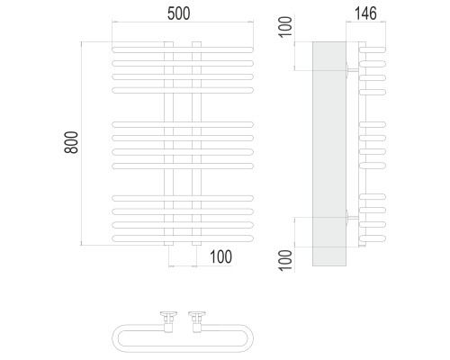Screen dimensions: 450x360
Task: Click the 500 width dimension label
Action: click(x=178, y=13)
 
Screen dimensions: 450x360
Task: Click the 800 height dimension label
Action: click(x=71, y=142)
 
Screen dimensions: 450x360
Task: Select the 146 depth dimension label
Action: click(x=365, y=13)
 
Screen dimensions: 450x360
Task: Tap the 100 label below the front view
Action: click(x=220, y=257)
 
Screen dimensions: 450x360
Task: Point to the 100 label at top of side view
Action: click(x=286, y=27)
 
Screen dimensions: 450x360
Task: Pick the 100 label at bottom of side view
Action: click(x=286, y=260)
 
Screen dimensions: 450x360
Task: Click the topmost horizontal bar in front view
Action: click(x=183, y=49)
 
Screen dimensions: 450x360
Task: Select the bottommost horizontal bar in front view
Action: click(x=183, y=238)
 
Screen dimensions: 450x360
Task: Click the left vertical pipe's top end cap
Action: click(x=168, y=44)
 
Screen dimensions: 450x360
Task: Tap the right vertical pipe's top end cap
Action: click(x=196, y=44)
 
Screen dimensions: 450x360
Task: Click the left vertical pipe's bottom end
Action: click(x=168, y=244)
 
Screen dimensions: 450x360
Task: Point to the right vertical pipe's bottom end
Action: click(x=196, y=244)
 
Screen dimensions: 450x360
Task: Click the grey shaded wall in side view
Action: click(x=329, y=154)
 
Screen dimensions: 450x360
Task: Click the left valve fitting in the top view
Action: click(x=168, y=322)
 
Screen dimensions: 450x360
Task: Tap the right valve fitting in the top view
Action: click(x=197, y=322)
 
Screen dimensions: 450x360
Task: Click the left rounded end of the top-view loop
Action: click(x=115, y=338)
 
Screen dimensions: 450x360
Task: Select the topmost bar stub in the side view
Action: click(x=373, y=49)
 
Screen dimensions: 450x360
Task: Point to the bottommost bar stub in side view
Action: click(x=373, y=238)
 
